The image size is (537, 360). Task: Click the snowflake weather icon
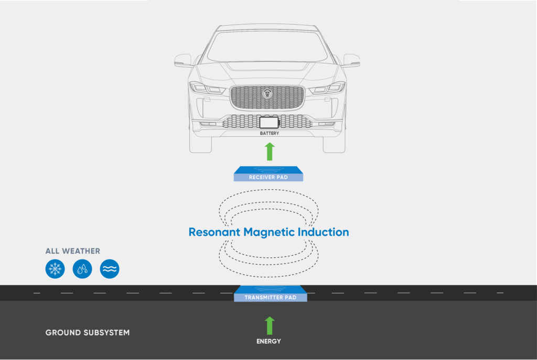[55, 269]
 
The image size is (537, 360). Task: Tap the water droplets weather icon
[82, 269]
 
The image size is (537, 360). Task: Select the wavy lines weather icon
[110, 269]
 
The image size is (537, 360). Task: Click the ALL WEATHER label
[73, 251]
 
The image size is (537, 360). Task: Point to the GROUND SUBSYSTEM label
[88, 333]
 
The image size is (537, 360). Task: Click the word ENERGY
[268, 342]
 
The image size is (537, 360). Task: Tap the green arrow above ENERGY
[270, 325]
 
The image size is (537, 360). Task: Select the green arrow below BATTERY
[270, 151]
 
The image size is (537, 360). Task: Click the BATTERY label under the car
[270, 134]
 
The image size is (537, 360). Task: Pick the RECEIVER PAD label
[268, 178]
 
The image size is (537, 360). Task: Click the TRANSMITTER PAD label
[271, 298]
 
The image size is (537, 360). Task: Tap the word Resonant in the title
[214, 232]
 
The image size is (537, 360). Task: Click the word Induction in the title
[324, 232]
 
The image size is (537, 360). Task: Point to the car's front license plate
[269, 123]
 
